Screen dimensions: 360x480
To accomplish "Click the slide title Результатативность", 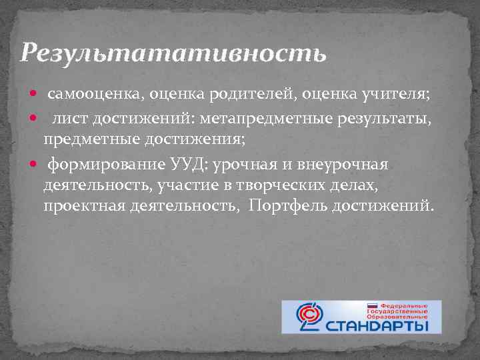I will click(173, 53).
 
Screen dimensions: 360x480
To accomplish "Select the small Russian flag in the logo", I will click(373, 305).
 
